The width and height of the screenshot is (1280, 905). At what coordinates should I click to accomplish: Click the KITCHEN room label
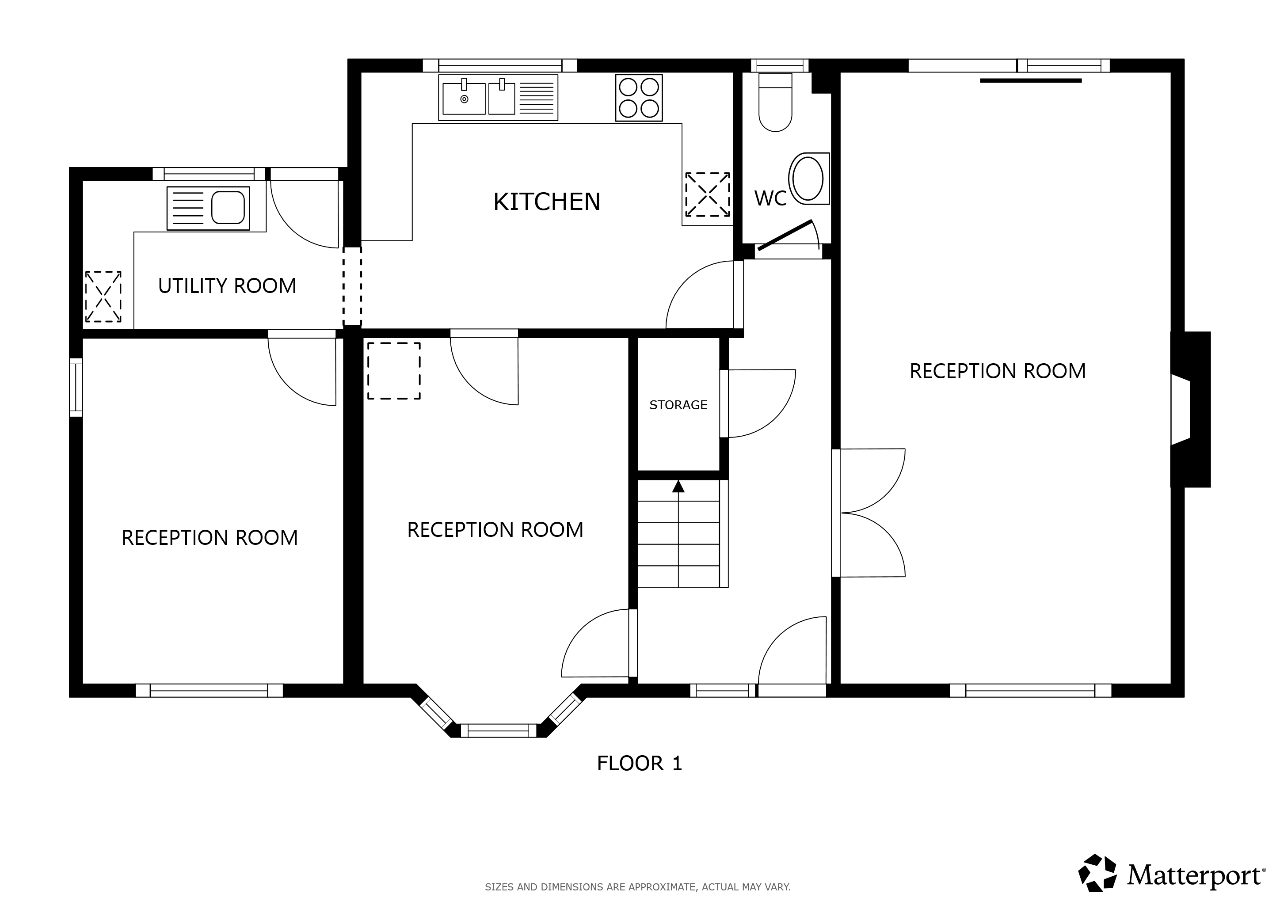pos(546,202)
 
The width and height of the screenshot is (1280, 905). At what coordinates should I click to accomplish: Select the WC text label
pos(770,198)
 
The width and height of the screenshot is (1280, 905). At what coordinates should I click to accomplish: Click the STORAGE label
pos(678,405)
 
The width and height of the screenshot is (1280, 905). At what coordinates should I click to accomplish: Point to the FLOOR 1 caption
pos(640,764)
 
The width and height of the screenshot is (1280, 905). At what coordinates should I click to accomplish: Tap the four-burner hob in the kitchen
pos(639,98)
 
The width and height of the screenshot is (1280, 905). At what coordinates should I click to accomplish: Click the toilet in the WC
pos(776,103)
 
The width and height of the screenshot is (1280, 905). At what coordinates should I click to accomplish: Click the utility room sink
pos(208,208)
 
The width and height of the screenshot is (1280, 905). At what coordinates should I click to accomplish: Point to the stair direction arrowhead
pos(678,486)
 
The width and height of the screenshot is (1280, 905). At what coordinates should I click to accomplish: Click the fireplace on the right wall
pos(1190,410)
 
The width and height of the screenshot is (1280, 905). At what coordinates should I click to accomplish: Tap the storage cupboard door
pos(758,403)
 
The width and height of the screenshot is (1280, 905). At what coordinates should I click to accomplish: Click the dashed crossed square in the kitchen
pos(708,194)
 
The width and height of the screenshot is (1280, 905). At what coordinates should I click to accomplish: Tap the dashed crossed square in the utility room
pos(103,297)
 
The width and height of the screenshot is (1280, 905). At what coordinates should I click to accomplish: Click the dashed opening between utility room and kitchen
pos(352,286)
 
